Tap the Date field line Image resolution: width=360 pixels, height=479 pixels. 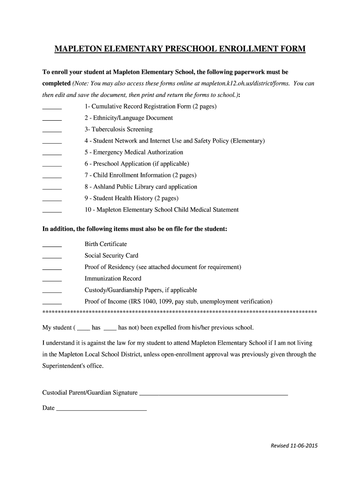click(101, 410)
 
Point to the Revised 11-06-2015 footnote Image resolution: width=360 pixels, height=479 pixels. click(294, 446)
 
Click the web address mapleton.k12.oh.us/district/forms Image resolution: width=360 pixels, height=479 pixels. click(243, 84)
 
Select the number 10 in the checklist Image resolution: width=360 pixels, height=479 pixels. click(88, 210)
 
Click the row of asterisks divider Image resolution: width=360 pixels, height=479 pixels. click(180, 312)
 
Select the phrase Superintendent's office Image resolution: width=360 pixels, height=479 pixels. click(72, 366)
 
